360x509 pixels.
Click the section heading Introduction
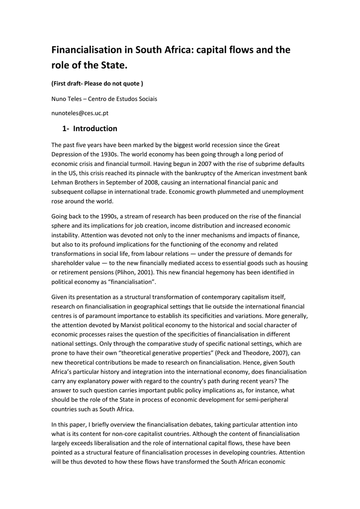[95, 129]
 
